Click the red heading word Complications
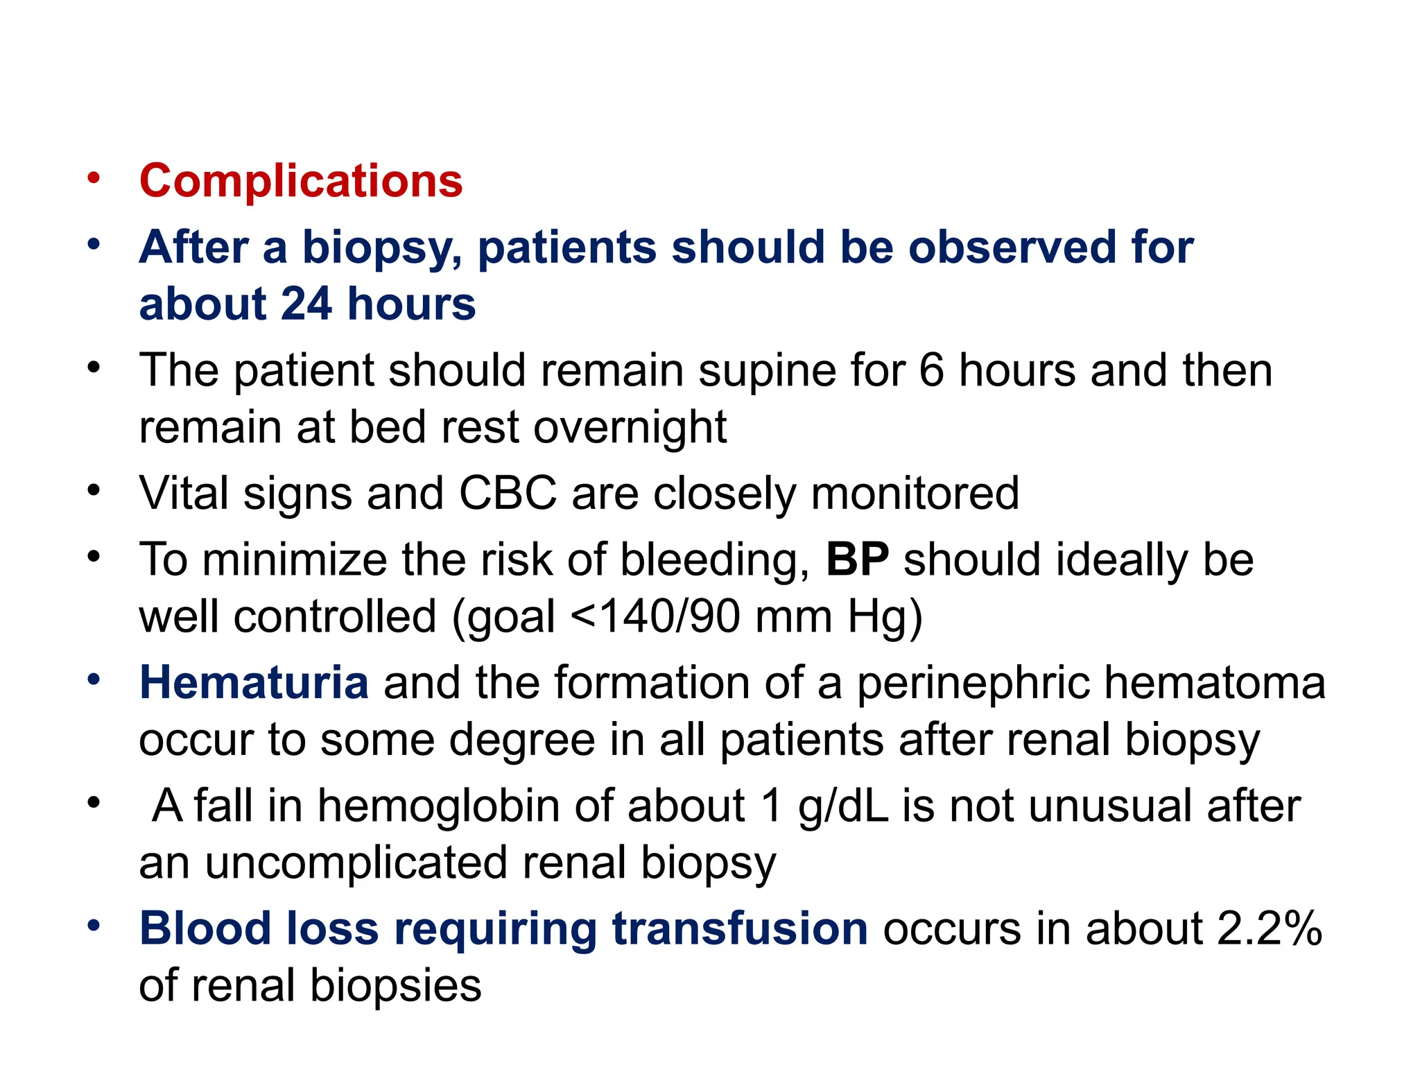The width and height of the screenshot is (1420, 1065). click(x=301, y=181)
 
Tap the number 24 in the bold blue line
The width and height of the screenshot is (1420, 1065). click(x=306, y=304)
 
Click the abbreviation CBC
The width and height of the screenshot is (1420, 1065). click(x=508, y=494)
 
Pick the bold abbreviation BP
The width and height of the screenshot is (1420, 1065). click(x=857, y=560)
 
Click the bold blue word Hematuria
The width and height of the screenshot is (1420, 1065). click(x=254, y=682)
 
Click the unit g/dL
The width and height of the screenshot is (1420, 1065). click(x=842, y=808)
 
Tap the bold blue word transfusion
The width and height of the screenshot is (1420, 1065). click(x=739, y=928)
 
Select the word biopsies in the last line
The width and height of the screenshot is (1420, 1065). click(x=395, y=986)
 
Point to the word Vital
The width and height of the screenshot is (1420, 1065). click(x=184, y=494)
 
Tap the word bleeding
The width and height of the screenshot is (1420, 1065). click(x=714, y=561)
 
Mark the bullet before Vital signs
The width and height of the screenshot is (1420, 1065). click(x=94, y=490)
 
